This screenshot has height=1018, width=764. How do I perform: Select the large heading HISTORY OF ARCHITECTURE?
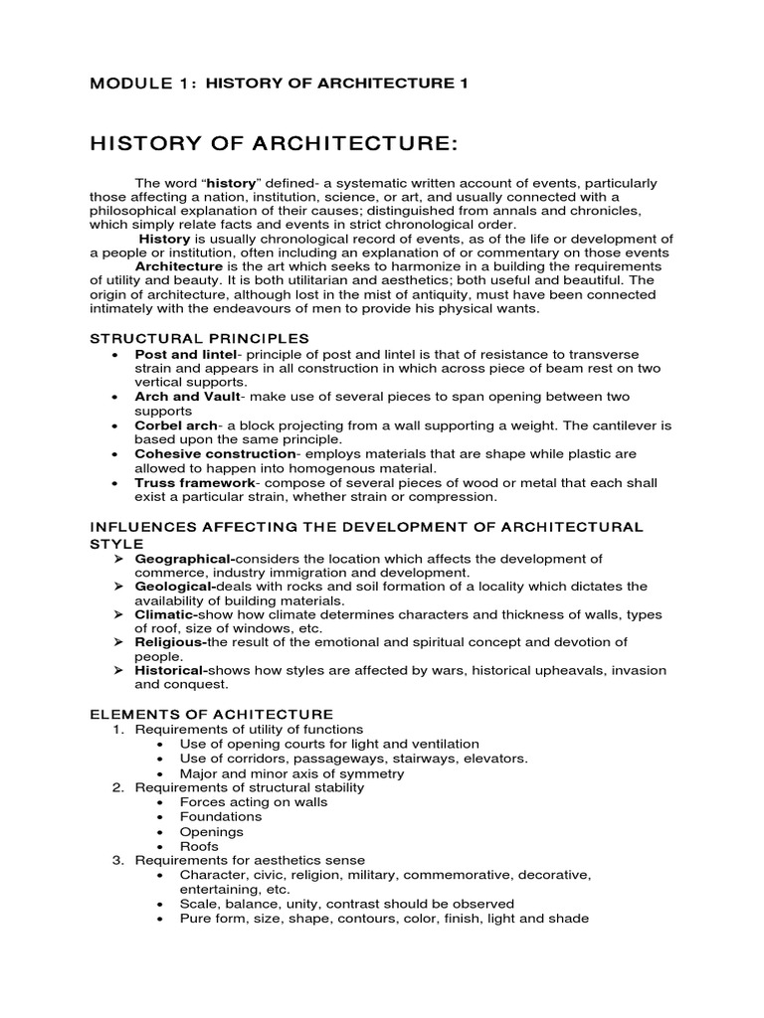pos(274,145)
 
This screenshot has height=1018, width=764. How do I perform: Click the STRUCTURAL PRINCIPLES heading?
pos(200,338)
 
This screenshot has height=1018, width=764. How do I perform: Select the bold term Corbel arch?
pos(174,424)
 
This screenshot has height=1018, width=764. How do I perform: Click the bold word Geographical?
pos(184,559)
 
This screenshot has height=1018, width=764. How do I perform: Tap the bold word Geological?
pos(176,587)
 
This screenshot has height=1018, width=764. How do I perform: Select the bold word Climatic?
pos(167,614)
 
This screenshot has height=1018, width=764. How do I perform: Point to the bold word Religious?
pos(170,642)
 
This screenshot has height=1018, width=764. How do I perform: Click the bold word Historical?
pos(171,670)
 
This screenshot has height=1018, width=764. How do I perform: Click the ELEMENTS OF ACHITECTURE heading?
pos(212,714)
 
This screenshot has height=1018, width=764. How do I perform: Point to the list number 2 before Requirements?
pos(116,787)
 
